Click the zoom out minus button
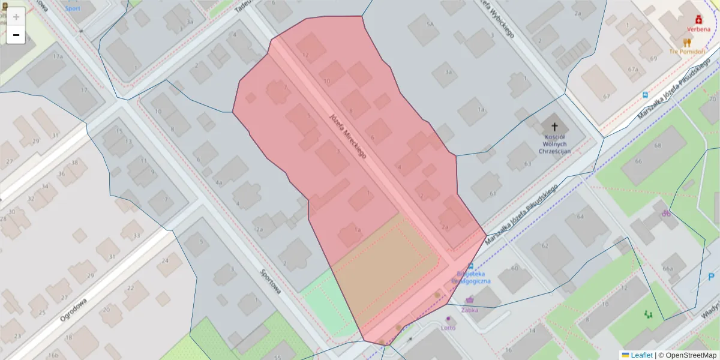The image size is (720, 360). click(16, 35)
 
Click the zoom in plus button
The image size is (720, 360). click(16, 17)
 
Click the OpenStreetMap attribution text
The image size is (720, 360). click(687, 355)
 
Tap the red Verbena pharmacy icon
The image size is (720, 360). click(698, 20)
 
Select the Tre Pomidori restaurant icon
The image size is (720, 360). click(687, 43)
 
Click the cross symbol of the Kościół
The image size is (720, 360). click(554, 127)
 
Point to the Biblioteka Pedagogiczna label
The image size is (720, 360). click(471, 277)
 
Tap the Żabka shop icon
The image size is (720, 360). click(469, 300)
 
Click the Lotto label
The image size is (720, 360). click(448, 328)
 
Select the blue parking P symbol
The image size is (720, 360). click(711, 277)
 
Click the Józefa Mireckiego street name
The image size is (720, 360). click(347, 136)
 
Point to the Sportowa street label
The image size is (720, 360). click(271, 280)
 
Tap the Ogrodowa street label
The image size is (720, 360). click(74, 310)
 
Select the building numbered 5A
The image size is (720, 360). click(430, 24)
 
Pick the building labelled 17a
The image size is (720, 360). click(58, 56)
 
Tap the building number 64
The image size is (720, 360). click(580, 216)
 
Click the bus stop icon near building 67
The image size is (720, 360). click(644, 94)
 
